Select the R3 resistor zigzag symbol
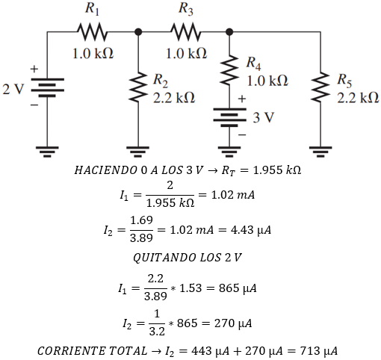point(185,32)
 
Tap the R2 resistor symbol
point(138,88)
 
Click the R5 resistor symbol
point(321,88)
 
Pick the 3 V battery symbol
point(229,117)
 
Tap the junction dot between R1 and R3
point(138,32)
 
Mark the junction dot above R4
point(229,32)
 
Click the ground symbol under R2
point(138,152)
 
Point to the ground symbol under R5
point(321,152)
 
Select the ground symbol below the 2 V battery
point(46,152)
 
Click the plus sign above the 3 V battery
point(241,98)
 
